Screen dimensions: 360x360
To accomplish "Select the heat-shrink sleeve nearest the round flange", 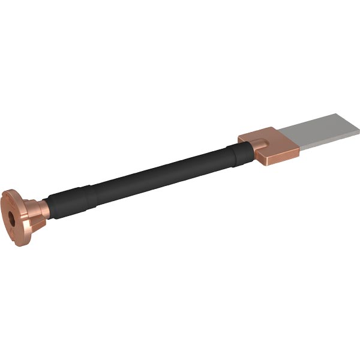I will click(x=71, y=200).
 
